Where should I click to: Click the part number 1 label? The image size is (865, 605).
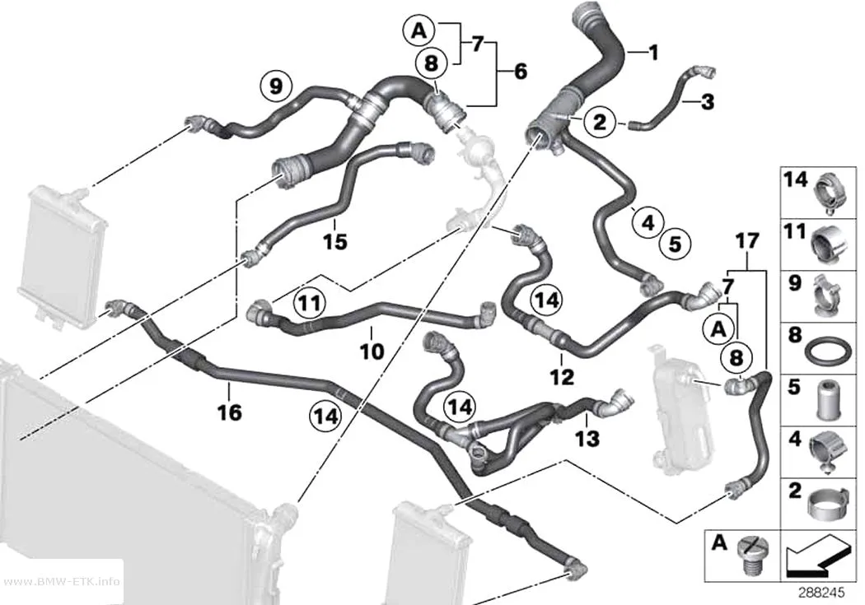(653, 53)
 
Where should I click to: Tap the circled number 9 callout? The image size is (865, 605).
(276, 86)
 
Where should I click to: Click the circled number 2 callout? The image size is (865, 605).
(600, 121)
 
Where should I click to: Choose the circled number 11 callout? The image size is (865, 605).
(310, 303)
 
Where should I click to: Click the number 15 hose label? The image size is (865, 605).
(335, 241)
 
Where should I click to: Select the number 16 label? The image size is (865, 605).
(230, 412)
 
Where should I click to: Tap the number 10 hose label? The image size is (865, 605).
(372, 351)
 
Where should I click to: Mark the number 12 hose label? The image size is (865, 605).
(562, 377)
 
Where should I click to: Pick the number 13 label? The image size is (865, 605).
(587, 439)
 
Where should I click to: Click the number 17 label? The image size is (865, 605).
(747, 241)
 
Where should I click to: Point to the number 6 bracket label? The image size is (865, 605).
(520, 72)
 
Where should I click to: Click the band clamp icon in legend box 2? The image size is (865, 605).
(827, 502)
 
